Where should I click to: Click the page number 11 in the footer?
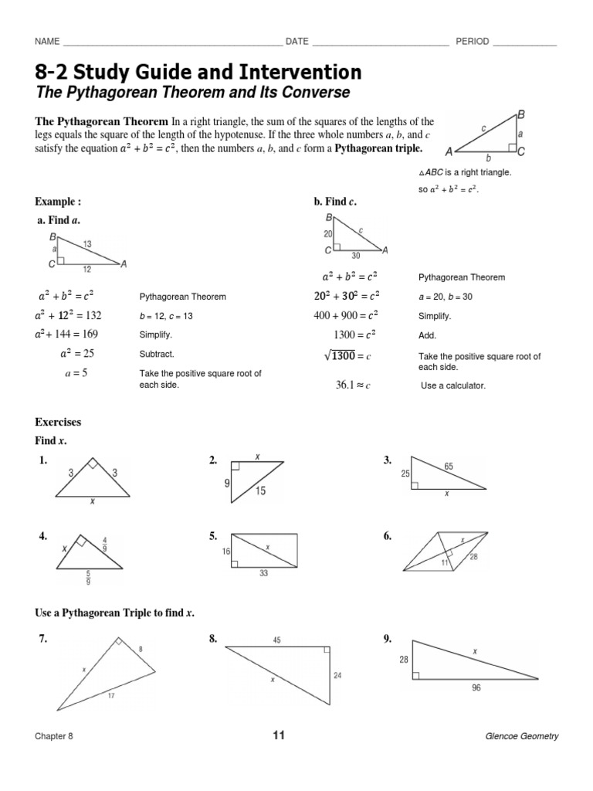click(279, 735)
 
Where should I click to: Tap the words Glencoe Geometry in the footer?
click(522, 736)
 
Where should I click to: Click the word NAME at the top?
click(47, 42)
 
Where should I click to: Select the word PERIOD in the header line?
click(473, 42)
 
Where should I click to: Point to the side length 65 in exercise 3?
click(449, 466)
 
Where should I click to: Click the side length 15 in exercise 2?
click(261, 491)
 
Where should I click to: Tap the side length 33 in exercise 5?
click(264, 574)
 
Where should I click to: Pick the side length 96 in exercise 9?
click(476, 687)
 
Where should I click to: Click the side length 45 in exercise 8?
click(276, 640)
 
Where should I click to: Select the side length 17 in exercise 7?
click(111, 695)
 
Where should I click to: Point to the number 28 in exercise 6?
click(473, 556)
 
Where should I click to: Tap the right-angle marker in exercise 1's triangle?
click(91, 464)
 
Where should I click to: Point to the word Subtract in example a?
click(157, 354)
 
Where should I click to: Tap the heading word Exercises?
click(58, 423)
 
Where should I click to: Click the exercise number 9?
click(387, 638)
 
